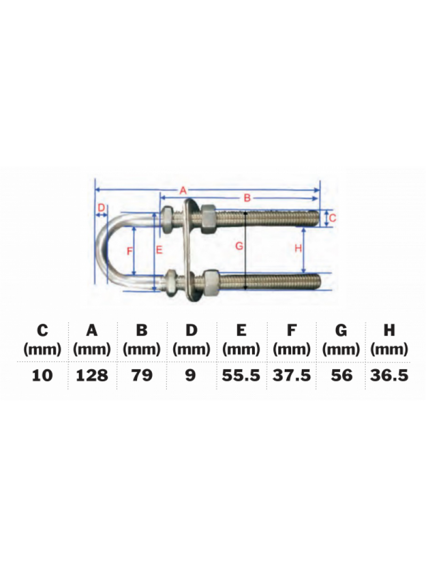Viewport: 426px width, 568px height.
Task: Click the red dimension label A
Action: pyautogui.click(x=182, y=189)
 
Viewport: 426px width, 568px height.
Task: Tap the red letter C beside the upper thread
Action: pyautogui.click(x=332, y=218)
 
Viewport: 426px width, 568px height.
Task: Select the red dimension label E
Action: pyautogui.click(x=159, y=249)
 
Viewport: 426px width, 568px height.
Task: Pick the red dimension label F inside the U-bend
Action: pyautogui.click(x=130, y=251)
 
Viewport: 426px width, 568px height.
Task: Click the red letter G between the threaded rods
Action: pyautogui.click(x=239, y=246)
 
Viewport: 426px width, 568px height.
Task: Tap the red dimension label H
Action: pyautogui.click(x=298, y=248)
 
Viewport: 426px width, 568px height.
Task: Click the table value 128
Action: pyautogui.click(x=92, y=375)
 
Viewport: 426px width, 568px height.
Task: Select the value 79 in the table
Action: pyautogui.click(x=141, y=375)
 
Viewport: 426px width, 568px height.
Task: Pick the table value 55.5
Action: pyautogui.click(x=241, y=375)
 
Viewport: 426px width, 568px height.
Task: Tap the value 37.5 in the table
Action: pyautogui.click(x=291, y=375)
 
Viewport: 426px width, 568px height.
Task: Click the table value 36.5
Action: pyautogui.click(x=389, y=375)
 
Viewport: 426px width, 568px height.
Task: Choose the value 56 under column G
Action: pyautogui.click(x=341, y=375)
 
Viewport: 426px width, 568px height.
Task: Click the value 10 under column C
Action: pyautogui.click(x=43, y=375)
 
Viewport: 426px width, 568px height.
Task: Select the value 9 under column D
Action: pyautogui.click(x=191, y=375)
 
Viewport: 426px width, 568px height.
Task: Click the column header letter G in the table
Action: pyautogui.click(x=341, y=331)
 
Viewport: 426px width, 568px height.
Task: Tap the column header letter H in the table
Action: pyautogui.click(x=389, y=331)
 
